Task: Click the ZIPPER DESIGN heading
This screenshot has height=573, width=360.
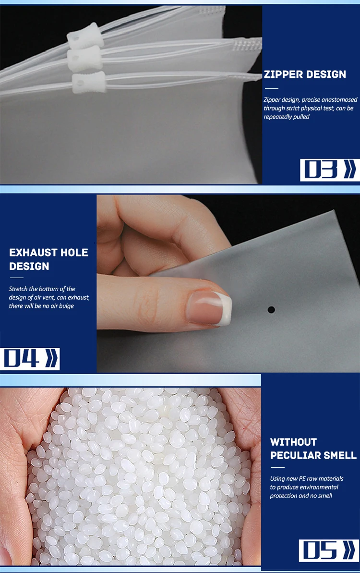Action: [x=304, y=74]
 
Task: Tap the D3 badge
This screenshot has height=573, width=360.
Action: [x=329, y=170]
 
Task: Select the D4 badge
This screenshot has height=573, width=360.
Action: [x=30, y=359]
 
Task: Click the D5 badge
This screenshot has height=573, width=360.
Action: [x=329, y=550]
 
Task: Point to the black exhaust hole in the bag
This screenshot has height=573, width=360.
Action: [x=271, y=309]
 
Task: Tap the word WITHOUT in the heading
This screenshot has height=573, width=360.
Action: [x=293, y=442]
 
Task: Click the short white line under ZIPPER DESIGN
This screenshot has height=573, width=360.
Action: [x=272, y=88]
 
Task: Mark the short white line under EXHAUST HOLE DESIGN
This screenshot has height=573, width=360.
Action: [x=16, y=278]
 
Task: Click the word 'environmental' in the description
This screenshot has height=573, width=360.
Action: [x=319, y=487]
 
